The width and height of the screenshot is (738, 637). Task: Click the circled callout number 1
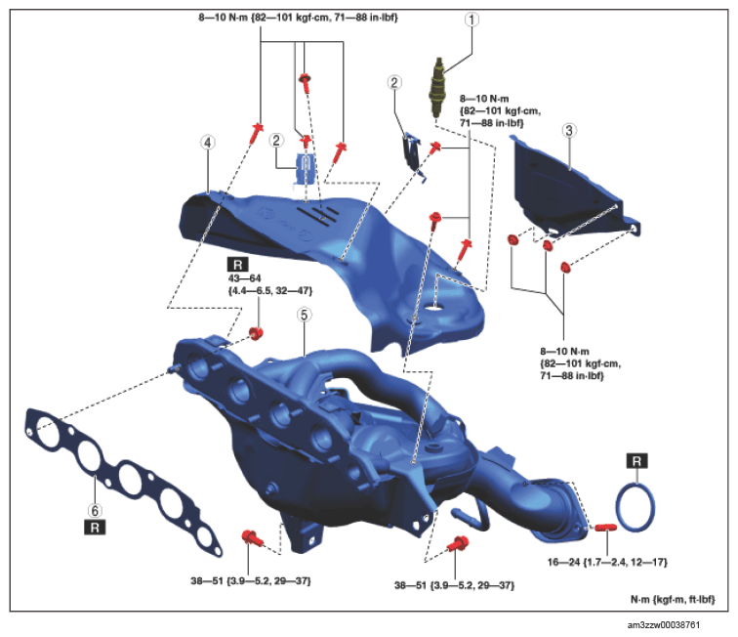click(x=471, y=20)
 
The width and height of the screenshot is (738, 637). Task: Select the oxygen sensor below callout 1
click(x=437, y=88)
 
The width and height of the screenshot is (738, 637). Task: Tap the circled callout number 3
click(x=569, y=131)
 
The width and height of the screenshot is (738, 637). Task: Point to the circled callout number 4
click(x=208, y=143)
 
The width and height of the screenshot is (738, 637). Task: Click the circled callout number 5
click(x=304, y=315)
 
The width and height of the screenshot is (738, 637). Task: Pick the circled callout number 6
click(x=95, y=510)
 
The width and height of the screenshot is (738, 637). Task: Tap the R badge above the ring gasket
click(x=636, y=461)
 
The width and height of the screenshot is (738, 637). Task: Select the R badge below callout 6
click(x=95, y=527)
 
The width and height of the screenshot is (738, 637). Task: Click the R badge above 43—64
click(x=237, y=265)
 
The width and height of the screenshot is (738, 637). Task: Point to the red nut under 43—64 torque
click(x=256, y=333)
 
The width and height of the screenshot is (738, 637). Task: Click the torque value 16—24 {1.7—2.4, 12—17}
click(x=607, y=562)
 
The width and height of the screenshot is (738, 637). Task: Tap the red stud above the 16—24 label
click(x=605, y=527)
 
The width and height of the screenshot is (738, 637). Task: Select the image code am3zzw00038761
click(x=664, y=624)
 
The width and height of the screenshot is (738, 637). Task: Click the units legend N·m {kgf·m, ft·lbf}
click(x=673, y=599)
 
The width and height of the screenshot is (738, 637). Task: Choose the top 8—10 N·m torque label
click(x=298, y=18)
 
